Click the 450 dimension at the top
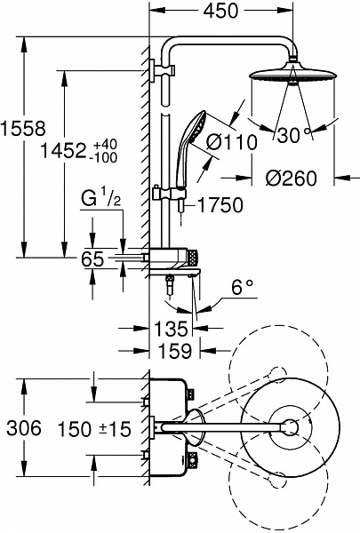220,11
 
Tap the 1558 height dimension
23,129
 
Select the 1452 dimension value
63,150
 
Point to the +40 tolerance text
105,144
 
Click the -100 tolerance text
105,157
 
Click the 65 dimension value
93,259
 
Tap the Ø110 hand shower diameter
231,142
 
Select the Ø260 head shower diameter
291,178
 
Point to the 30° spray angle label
293,135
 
